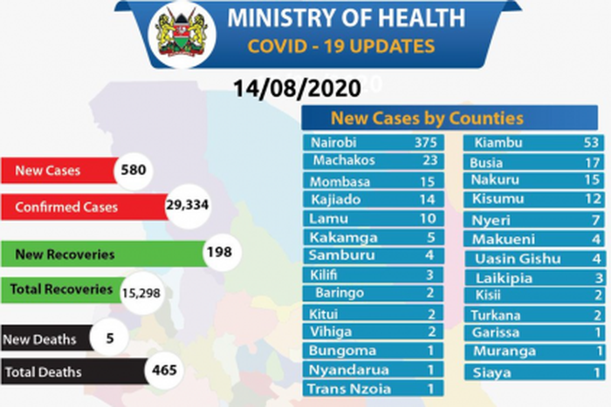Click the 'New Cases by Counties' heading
point(427,118)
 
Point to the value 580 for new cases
point(135,171)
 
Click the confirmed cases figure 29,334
point(188,207)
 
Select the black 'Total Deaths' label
point(44,372)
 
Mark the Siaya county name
point(491,372)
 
